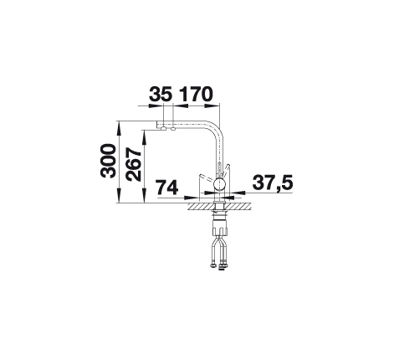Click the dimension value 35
pos(161,94)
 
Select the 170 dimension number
pos(196,94)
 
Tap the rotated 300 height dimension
pos(108,161)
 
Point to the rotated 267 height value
pos(133,164)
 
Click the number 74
pos(167,188)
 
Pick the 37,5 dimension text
pos(273,183)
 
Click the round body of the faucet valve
pos(219,185)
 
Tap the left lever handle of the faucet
pos(207,177)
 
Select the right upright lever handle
pos(227,170)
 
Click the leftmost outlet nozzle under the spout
pos(163,129)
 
